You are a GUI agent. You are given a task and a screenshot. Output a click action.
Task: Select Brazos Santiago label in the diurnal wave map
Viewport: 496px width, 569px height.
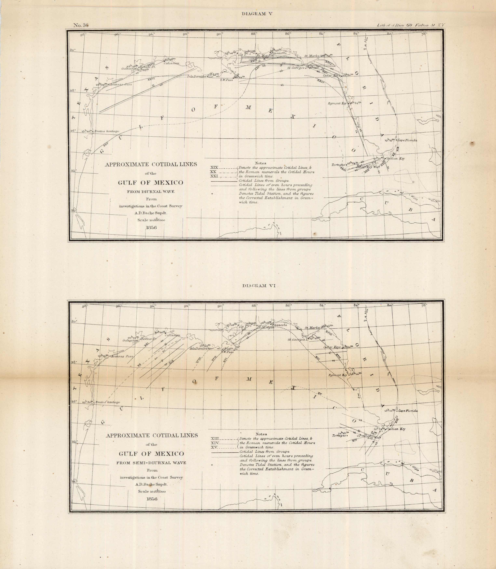pyautogui.click(x=107, y=131)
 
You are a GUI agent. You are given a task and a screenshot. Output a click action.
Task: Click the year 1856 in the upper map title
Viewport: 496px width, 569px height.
pyautogui.click(x=151, y=227)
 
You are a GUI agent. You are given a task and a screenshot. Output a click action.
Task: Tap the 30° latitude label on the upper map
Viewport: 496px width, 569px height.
pyautogui.click(x=73, y=50)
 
